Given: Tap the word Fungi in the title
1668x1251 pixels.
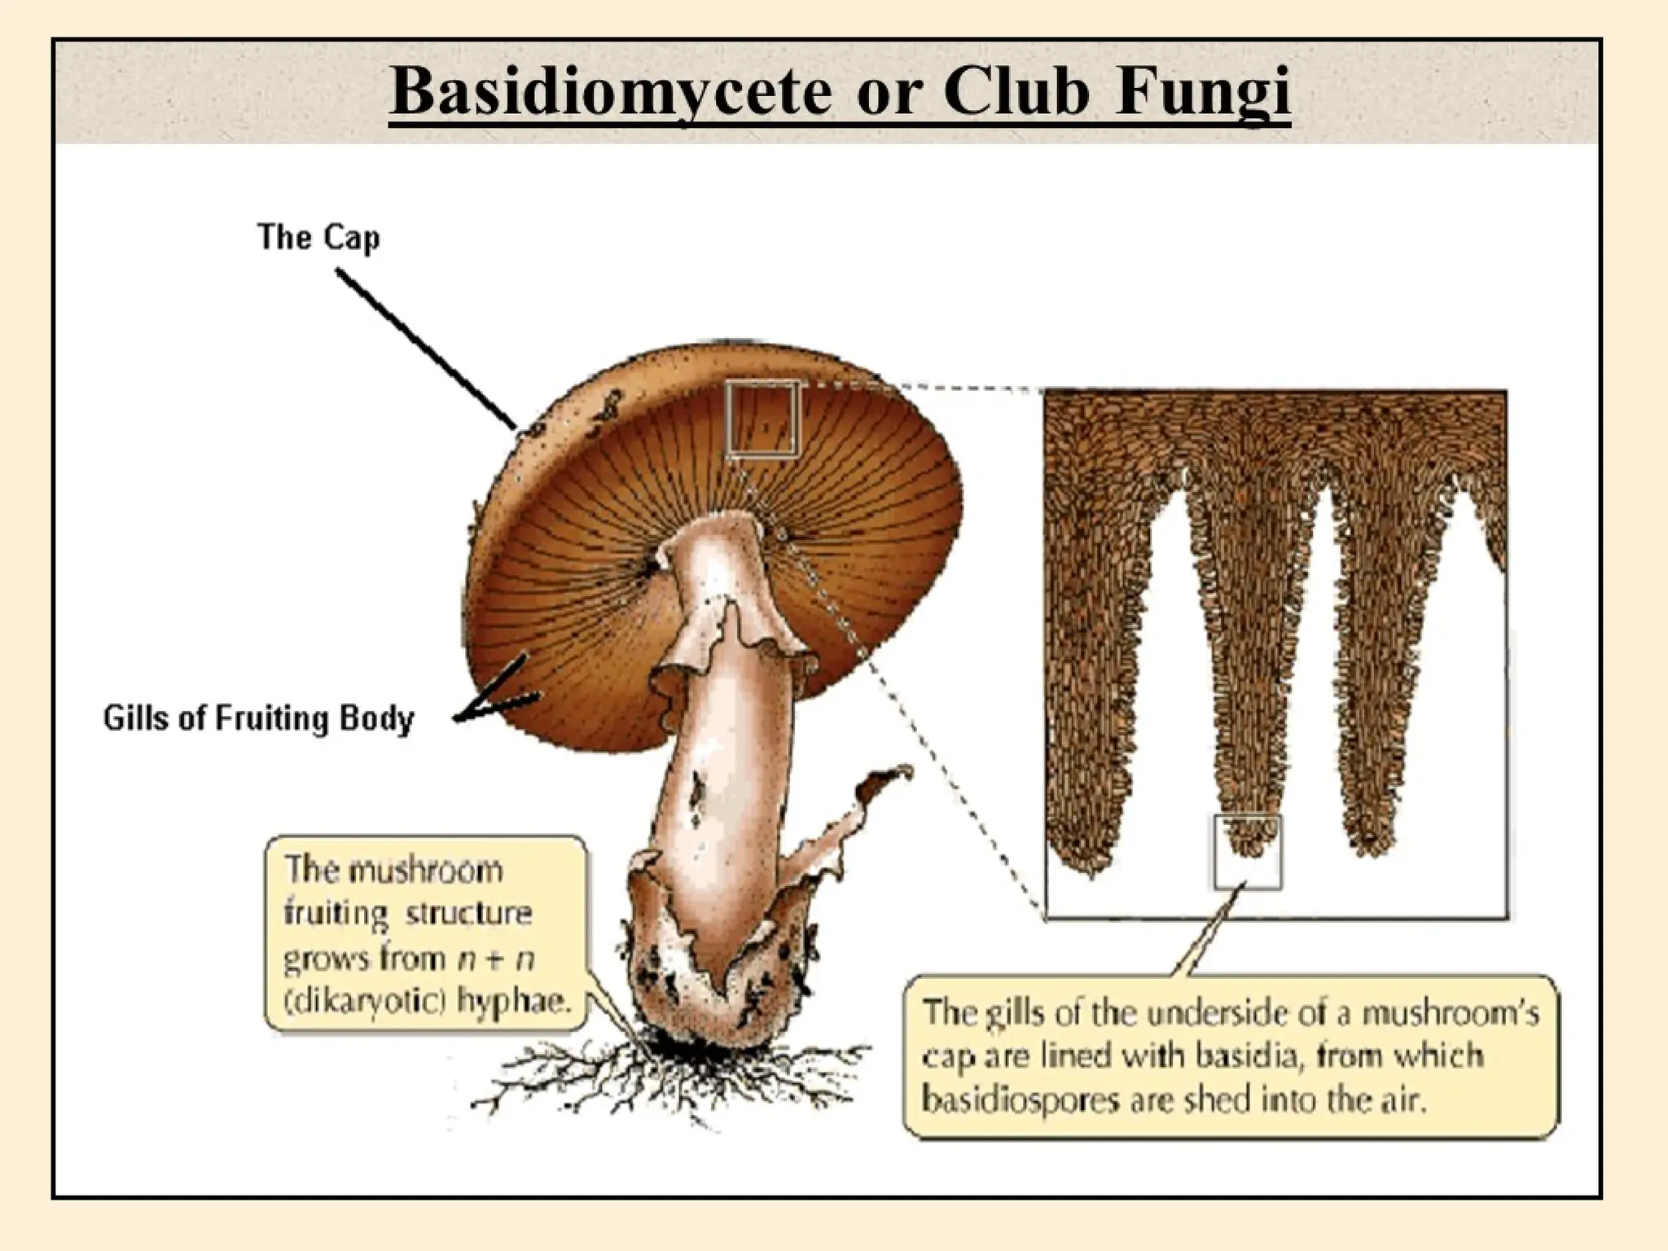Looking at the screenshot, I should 1203,91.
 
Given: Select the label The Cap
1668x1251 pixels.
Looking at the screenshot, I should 318,237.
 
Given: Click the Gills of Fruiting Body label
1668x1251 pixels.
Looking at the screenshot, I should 258,718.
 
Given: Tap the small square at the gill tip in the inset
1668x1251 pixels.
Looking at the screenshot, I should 1247,851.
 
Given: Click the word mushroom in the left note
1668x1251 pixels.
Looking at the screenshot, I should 426,871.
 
